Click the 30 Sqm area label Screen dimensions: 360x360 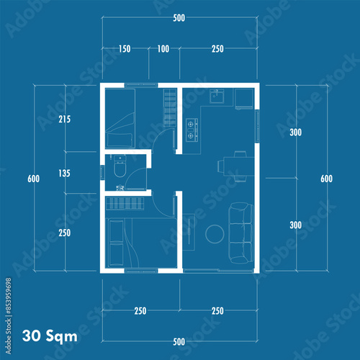pos(50,336)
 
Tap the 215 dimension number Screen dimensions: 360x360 pos(65,119)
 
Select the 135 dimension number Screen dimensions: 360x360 pos(64,173)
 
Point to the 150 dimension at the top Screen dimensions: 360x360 pos(125,49)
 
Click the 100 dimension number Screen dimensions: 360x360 pos(163,49)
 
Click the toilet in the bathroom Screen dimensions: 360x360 pos(120,166)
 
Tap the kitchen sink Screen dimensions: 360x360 pos(217,96)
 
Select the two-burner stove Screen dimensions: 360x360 pos(192,130)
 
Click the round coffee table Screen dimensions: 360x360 pos(215,234)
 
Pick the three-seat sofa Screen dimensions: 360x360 pos(240,233)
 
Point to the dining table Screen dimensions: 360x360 pos(239,166)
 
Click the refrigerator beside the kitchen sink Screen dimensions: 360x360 pos(244,99)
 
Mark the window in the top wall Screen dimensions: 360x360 pos(141,84)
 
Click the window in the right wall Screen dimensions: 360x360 pos(257,126)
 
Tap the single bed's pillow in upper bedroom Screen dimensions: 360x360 pos(120,140)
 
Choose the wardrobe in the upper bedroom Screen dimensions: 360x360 pos(170,107)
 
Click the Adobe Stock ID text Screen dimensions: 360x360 pos(9,316)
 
